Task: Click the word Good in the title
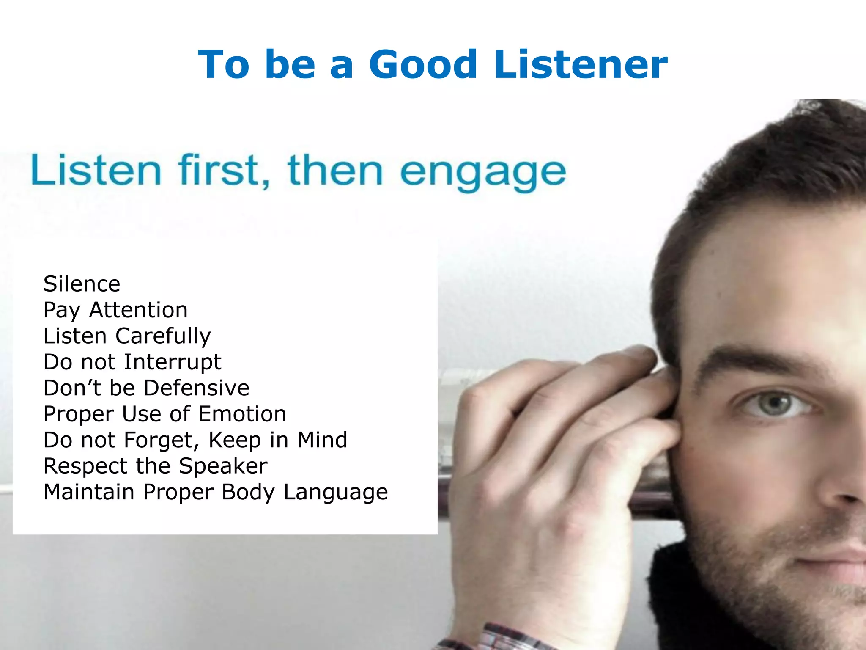423,65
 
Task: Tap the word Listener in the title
581,65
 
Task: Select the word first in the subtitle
224,170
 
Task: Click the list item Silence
82,284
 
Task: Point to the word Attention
138,310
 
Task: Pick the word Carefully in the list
163,336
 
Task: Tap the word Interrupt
173,362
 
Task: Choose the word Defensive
197,388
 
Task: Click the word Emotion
242,414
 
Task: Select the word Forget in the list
161,441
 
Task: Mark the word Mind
322,440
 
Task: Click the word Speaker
223,466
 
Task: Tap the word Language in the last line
335,493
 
